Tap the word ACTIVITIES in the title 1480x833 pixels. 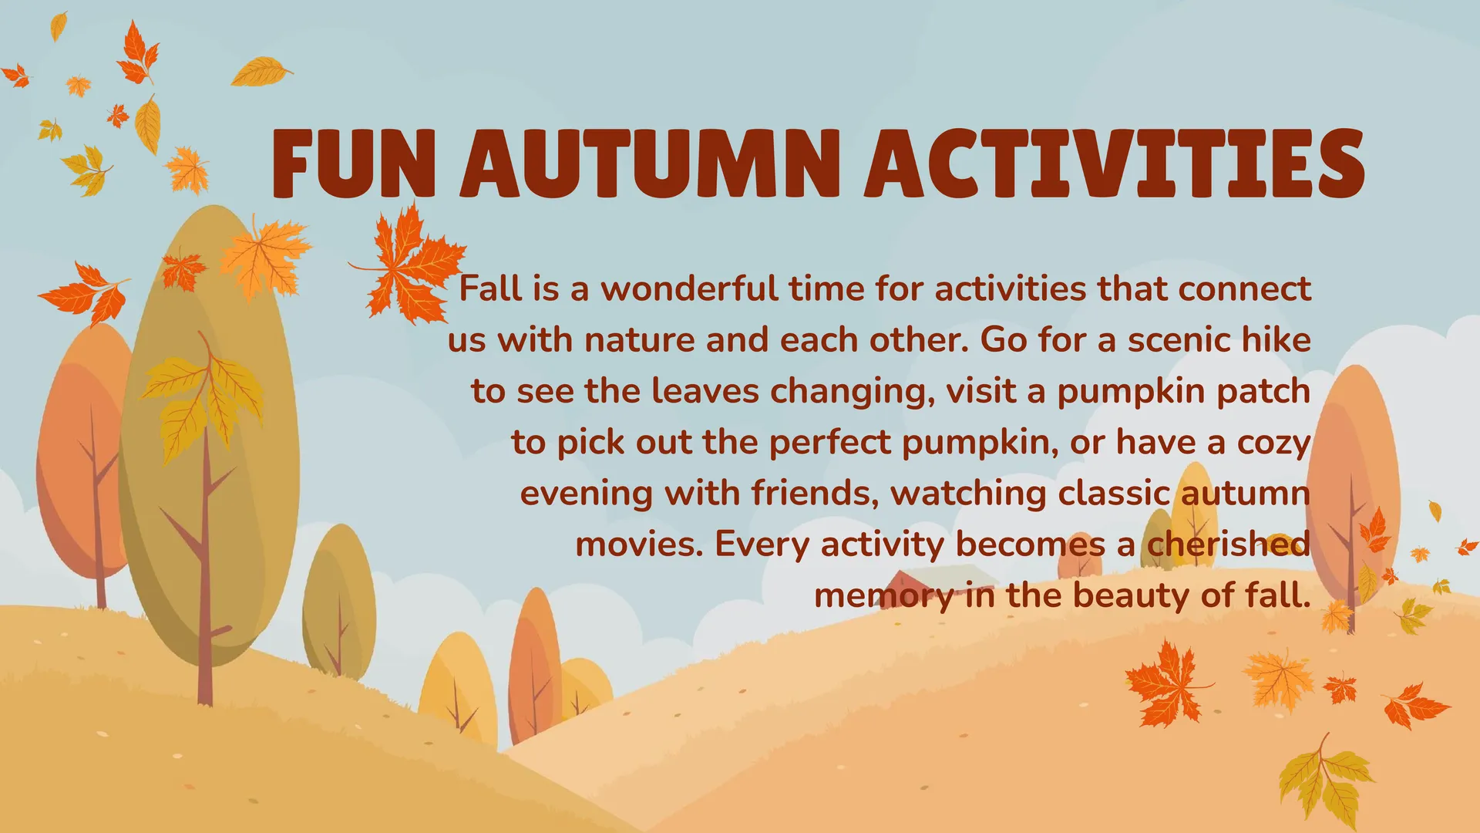pyautogui.click(x=1115, y=164)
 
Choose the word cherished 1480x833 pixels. pyautogui.click(x=1229, y=544)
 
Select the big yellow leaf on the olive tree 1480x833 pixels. pyautogui.click(x=202, y=401)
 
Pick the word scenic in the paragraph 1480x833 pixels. pyautogui.click(x=1179, y=340)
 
